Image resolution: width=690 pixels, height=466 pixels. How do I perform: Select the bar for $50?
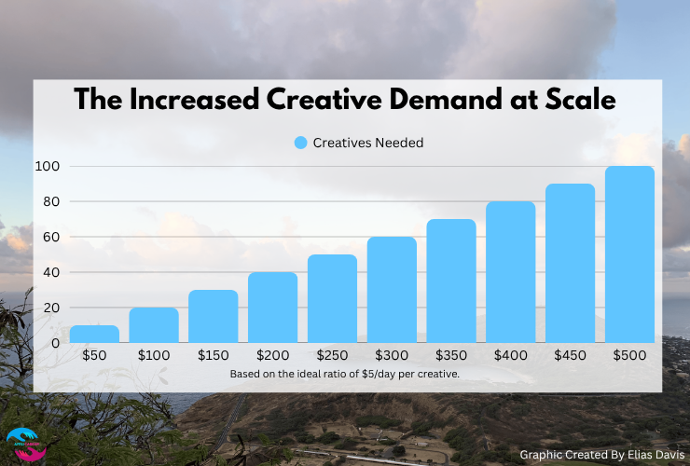pyautogui.click(x=94, y=334)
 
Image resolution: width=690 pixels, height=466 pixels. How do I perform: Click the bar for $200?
pyautogui.click(x=272, y=308)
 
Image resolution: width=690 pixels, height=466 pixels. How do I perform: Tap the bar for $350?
pyautogui.click(x=451, y=281)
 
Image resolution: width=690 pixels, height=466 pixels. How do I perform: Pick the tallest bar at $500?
pyautogui.click(x=629, y=254)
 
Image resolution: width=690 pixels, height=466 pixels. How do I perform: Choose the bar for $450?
pyautogui.click(x=570, y=263)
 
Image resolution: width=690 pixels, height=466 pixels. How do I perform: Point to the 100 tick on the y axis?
pyautogui.click(x=48, y=166)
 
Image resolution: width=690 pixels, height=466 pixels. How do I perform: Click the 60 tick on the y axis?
pyautogui.click(x=52, y=237)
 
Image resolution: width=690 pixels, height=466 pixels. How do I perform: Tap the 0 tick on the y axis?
pyautogui.click(x=56, y=343)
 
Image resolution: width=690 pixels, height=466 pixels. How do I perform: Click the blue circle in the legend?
pyautogui.click(x=300, y=143)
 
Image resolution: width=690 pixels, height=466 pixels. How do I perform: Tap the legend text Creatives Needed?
pyautogui.click(x=369, y=143)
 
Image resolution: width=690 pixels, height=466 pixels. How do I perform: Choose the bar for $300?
pyautogui.click(x=392, y=290)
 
